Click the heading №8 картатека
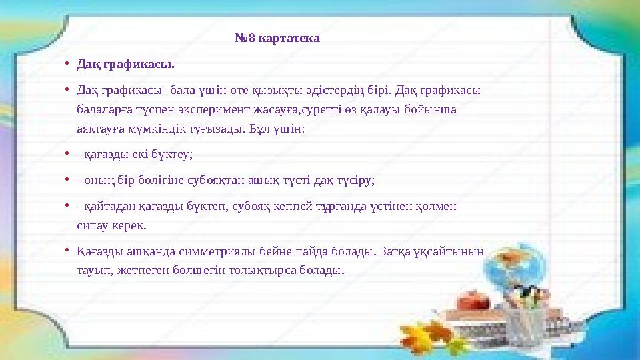coord(277,38)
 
